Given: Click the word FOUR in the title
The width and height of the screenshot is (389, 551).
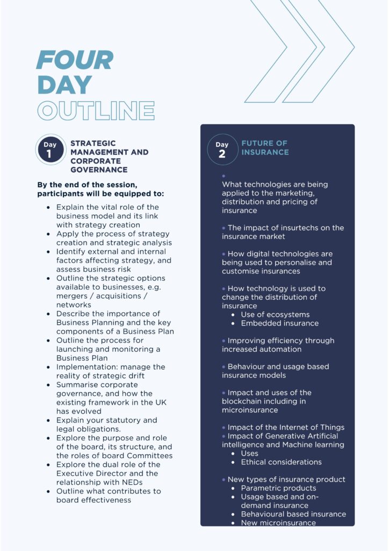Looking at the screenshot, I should pyautogui.click(x=75, y=60).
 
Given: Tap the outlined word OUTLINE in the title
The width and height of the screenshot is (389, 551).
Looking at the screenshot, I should pyautogui.click(x=96, y=110).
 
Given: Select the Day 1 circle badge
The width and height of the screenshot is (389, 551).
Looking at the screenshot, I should pyautogui.click(x=50, y=149).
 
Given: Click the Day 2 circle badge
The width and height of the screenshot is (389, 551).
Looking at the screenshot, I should pyautogui.click(x=222, y=149).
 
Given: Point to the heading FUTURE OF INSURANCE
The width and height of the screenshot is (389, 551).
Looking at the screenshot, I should pyautogui.click(x=265, y=147).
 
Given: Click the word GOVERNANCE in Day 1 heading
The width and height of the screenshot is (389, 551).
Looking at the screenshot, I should pyautogui.click(x=99, y=169).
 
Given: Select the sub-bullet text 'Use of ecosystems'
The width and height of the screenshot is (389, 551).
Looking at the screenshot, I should pyautogui.click(x=275, y=314).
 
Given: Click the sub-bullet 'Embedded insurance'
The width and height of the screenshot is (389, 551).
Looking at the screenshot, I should pyautogui.click(x=279, y=323).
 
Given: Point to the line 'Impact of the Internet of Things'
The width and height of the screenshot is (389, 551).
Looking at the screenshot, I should pyautogui.click(x=286, y=427).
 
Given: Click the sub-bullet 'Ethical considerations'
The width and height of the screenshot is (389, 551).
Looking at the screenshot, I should pyautogui.click(x=281, y=462).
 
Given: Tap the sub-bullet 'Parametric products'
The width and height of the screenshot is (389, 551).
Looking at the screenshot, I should pyautogui.click(x=278, y=488).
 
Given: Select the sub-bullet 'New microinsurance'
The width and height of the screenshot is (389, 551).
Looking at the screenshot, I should pyautogui.click(x=278, y=522).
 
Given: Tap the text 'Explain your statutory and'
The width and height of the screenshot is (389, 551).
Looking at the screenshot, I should pyautogui.click(x=106, y=420).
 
